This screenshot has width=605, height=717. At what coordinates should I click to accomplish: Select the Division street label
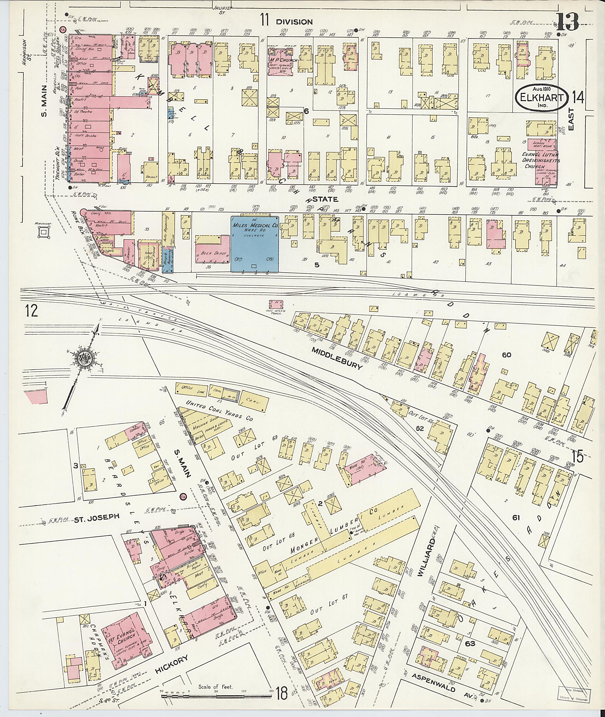[294, 22]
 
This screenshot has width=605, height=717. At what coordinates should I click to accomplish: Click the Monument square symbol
[43, 233]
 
